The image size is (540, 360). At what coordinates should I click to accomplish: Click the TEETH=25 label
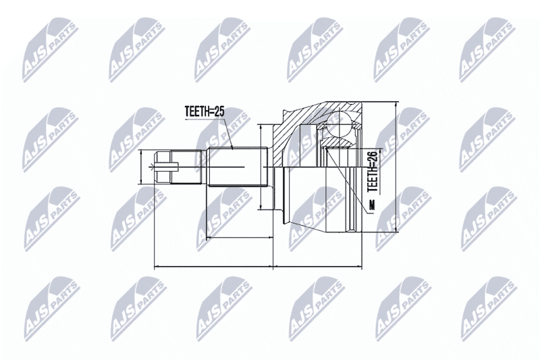tap(205, 111)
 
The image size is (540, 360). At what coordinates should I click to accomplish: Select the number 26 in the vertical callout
tap(373, 157)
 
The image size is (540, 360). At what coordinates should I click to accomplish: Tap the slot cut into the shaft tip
tap(167, 168)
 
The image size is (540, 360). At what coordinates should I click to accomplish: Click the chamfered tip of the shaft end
tap(163, 167)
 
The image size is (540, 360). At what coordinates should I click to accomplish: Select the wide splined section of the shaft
tap(238, 167)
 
